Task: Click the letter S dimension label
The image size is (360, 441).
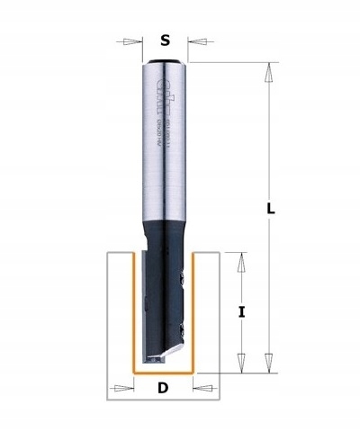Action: click(165, 40)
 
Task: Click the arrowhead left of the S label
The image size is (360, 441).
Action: click(134, 40)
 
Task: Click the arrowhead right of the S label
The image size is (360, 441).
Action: click(195, 40)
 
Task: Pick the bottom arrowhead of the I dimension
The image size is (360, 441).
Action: click(241, 364)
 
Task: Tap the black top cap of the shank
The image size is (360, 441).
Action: click(165, 60)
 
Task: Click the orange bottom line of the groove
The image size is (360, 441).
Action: click(164, 371)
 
